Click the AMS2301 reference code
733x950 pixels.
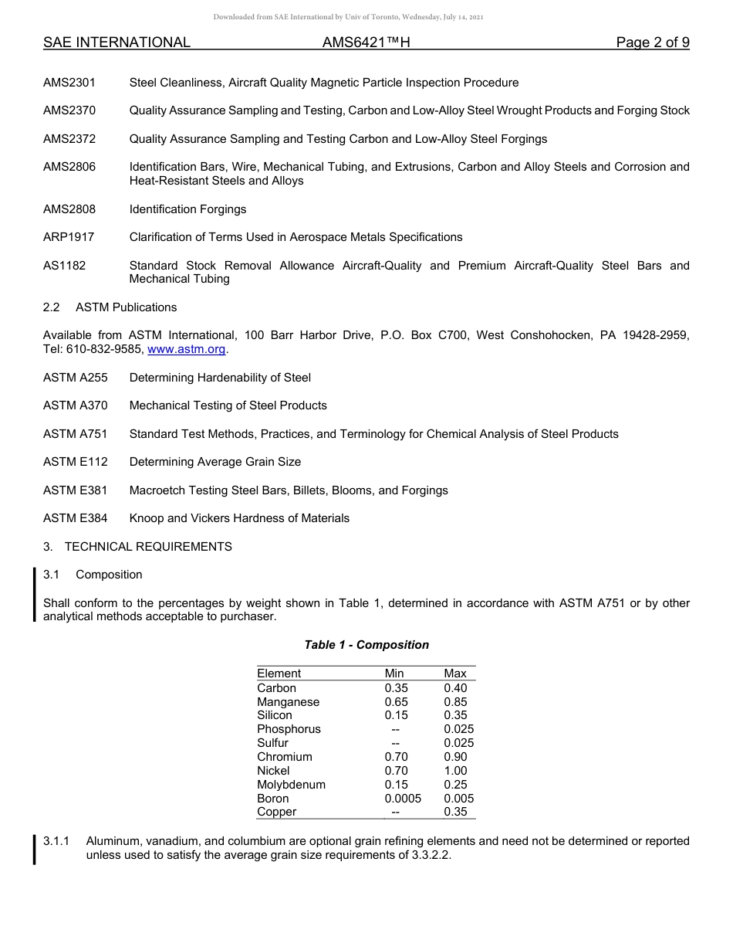point(69,83)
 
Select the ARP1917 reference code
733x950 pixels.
point(69,237)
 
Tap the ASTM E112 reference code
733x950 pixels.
point(76,462)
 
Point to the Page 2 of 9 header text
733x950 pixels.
point(652,42)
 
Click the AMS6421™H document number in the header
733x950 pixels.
point(366,42)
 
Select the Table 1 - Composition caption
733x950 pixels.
point(366,645)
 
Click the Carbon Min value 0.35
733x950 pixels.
point(396,688)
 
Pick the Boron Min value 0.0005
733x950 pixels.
point(403,799)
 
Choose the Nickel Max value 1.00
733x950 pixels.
point(455,771)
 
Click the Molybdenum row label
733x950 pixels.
point(291,785)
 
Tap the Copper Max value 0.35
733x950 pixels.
point(455,813)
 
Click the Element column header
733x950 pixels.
point(279,673)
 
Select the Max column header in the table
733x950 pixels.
point(454,673)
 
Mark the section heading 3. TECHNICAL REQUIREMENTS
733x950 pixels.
point(137,547)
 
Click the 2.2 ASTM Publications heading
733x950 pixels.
point(110,307)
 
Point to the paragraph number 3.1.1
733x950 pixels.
point(56,841)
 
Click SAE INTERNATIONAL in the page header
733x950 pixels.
point(117,42)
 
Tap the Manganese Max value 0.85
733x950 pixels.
point(455,702)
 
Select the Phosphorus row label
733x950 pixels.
point(289,729)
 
